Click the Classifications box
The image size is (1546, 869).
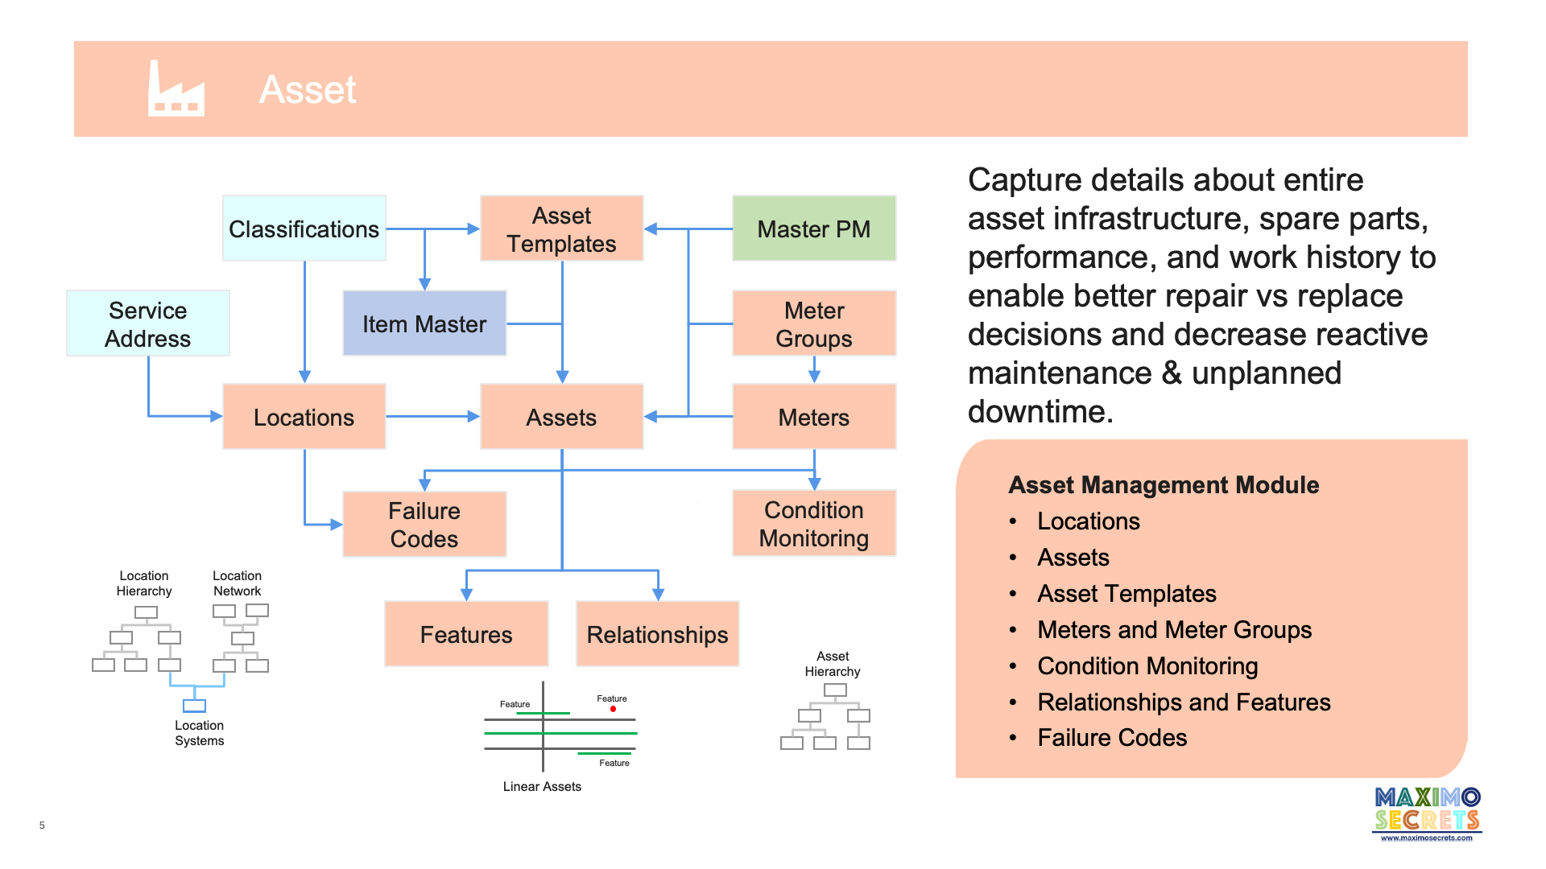(304, 229)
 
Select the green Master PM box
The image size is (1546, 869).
(813, 229)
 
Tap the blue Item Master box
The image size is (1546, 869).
(424, 323)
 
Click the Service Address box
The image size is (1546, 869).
(148, 323)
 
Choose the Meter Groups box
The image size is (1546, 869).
(813, 323)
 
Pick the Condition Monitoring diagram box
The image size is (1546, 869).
(813, 524)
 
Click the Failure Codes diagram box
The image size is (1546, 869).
(424, 525)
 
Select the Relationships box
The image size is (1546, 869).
(657, 634)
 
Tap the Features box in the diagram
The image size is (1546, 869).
(466, 634)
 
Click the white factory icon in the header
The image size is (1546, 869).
(176, 89)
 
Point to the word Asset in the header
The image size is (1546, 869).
(308, 89)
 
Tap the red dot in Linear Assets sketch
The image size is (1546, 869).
(613, 709)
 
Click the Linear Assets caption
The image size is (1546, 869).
(542, 786)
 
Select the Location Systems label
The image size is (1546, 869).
(199, 733)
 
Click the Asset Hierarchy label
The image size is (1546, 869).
(833, 664)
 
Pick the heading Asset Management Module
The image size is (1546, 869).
(1164, 484)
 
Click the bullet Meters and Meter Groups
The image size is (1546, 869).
(1174, 629)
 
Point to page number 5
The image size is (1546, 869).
(42, 825)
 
